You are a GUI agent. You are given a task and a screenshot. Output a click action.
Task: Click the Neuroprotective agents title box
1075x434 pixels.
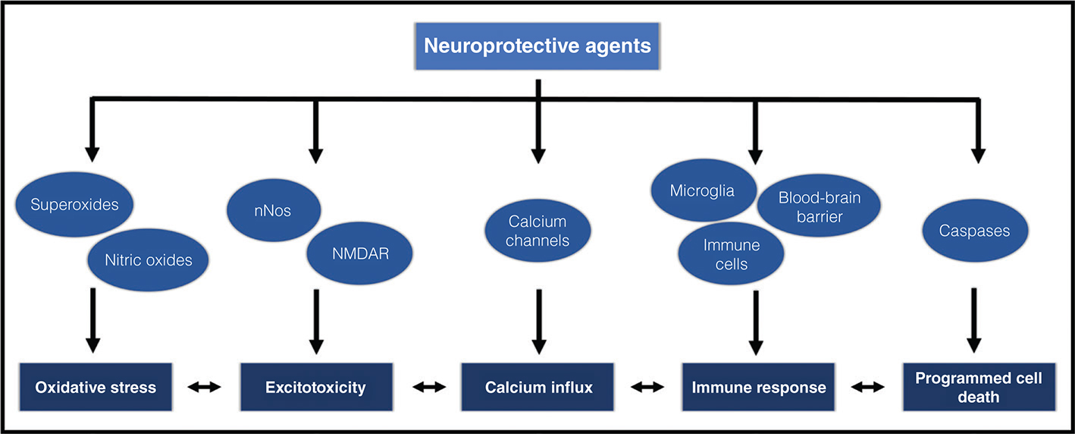537,46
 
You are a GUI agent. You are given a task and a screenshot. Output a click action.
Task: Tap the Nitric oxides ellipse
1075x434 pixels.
149,260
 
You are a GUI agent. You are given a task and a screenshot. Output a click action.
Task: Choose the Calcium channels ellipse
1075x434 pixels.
537,233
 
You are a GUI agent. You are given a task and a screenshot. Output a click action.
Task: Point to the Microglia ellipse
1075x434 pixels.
701,190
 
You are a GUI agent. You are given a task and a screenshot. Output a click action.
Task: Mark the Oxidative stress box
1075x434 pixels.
96,388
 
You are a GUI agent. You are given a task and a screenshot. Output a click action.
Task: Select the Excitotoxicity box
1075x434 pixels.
315,388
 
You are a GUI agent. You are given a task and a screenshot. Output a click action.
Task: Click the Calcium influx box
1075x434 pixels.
538,388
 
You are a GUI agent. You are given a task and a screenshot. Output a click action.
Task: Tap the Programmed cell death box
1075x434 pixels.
978,387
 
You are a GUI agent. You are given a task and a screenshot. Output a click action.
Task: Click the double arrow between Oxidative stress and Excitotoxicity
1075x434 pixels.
204,388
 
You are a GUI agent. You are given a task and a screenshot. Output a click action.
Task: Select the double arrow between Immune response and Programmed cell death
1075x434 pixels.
868,388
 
